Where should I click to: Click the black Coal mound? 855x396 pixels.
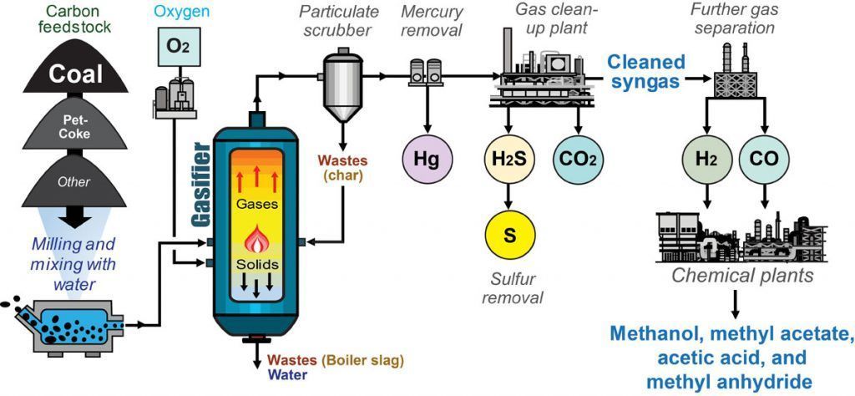[x=75, y=74]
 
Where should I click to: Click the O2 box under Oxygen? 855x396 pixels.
[x=176, y=44]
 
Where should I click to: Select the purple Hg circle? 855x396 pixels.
[x=427, y=159]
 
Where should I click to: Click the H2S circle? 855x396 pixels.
[x=508, y=159]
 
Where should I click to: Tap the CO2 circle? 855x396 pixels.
[x=579, y=159]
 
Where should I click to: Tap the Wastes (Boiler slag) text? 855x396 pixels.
[x=336, y=361]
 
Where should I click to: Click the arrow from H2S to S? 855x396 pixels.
[x=508, y=195]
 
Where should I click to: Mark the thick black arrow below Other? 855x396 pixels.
[x=75, y=220]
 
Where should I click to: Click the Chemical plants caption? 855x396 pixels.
[x=731, y=275]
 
